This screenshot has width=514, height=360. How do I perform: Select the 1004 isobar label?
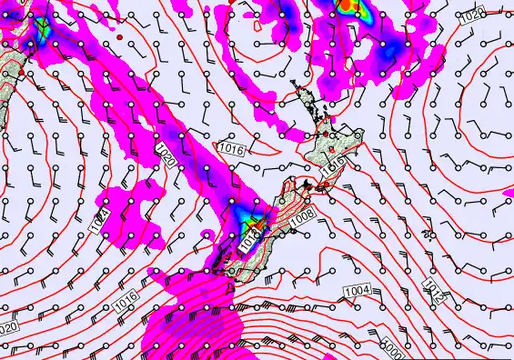[356, 289]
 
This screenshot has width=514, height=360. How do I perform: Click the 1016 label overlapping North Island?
[332, 164]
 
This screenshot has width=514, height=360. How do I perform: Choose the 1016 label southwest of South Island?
[126, 296]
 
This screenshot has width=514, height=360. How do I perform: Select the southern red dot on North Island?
[335, 146]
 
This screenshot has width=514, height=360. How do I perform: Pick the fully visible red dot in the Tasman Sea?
[119, 37]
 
